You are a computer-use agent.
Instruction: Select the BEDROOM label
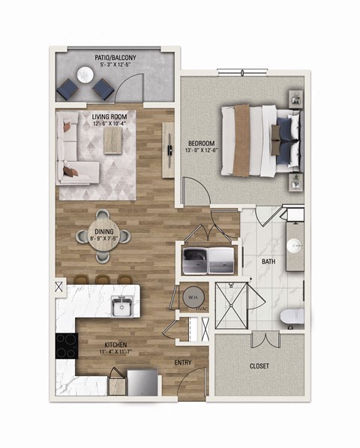pos(201,143)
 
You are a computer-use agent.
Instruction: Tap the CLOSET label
pos(258,366)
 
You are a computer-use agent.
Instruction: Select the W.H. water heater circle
pos(191,295)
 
